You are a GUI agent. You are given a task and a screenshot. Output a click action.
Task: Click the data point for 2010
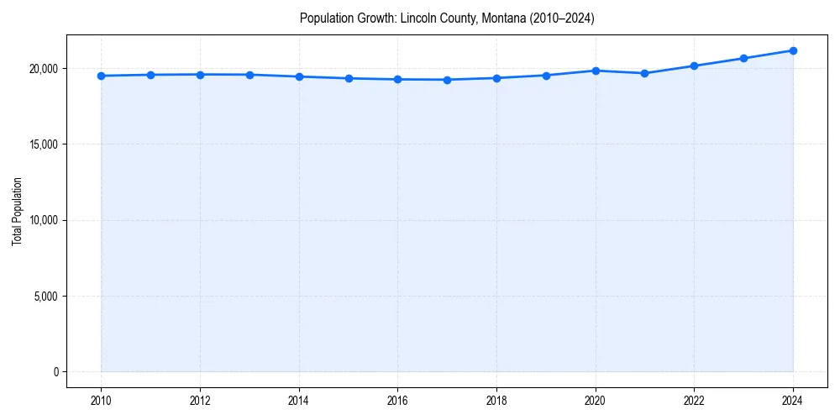coord(101,76)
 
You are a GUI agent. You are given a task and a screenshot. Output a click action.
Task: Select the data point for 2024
coord(793,50)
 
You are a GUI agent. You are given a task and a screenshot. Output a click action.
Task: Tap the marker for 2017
coord(447,80)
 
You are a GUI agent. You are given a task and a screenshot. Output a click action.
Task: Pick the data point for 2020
coord(596,71)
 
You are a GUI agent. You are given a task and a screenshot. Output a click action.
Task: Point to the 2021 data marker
coord(644,73)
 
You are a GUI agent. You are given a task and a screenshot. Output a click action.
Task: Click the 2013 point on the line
coord(249,75)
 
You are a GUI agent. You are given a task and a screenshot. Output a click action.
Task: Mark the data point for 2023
coord(743,58)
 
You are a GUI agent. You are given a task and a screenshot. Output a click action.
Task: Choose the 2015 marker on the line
coord(349,78)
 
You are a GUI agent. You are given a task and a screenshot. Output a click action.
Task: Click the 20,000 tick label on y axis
coord(44,68)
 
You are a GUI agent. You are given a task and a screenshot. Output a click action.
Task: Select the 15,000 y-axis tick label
coord(44,144)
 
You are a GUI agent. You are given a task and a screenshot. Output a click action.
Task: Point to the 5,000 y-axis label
coord(46,296)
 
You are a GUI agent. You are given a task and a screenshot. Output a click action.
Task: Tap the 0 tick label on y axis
coord(55,372)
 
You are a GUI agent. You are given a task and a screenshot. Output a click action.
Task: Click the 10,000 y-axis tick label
coord(44,220)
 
